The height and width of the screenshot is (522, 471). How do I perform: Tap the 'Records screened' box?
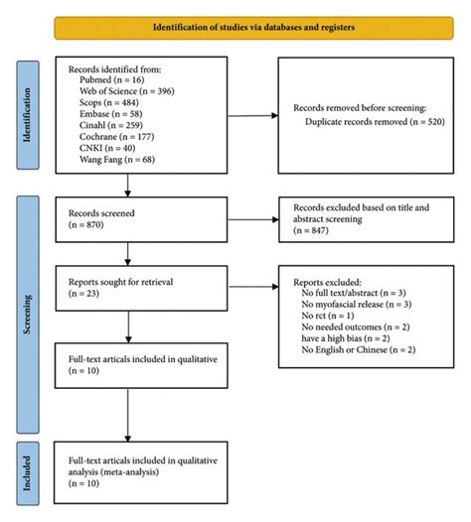pos(128,219)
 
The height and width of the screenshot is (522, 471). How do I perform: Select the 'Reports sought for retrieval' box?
pos(128,288)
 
